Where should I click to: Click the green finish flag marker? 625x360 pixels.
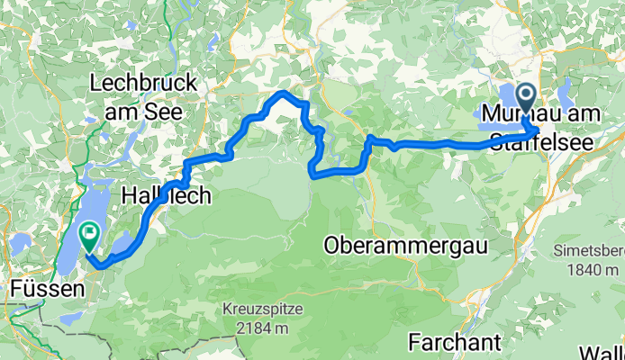click(x=90, y=236)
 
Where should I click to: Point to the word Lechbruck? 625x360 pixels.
click(x=143, y=85)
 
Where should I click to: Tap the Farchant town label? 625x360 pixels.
click(x=452, y=342)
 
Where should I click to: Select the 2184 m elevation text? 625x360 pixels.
click(x=265, y=328)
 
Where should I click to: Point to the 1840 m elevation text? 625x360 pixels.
click(x=593, y=270)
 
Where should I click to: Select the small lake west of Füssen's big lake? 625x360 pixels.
click(x=21, y=244)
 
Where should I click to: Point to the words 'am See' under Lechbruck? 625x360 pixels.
click(x=144, y=112)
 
